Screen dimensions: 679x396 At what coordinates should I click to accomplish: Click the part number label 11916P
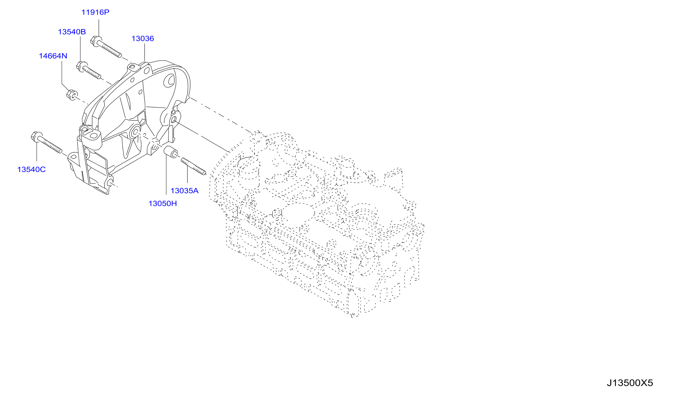95,12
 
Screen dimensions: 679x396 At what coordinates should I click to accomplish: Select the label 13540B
72,32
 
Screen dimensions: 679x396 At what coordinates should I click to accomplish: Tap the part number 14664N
53,56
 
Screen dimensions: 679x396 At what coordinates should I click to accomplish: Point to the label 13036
143,39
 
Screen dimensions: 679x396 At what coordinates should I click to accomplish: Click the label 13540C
32,170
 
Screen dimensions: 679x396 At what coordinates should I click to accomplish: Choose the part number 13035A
185,191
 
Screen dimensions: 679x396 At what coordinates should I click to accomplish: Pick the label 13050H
163,204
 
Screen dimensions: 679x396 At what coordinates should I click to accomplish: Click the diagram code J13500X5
630,383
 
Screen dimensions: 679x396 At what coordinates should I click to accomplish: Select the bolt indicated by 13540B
89,70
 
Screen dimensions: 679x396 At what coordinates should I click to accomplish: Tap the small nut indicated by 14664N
72,95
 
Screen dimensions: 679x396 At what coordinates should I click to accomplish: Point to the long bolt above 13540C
47,143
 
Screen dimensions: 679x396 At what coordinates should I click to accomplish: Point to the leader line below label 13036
145,52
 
